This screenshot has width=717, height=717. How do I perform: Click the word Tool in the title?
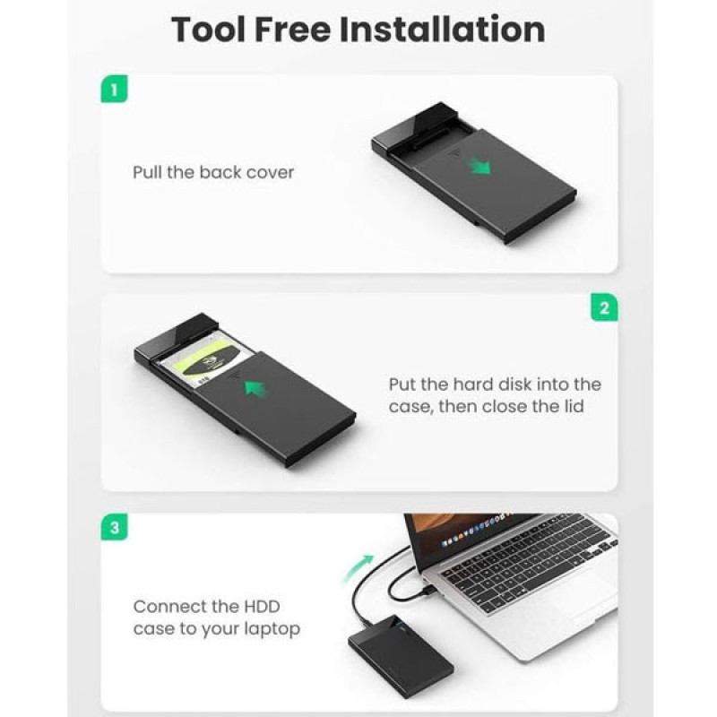(x=209, y=30)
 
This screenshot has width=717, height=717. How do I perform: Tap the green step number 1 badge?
(x=114, y=89)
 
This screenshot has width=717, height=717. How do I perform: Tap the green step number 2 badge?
(x=604, y=307)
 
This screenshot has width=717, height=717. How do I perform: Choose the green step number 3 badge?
(x=114, y=527)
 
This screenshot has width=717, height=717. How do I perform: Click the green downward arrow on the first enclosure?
(x=479, y=167)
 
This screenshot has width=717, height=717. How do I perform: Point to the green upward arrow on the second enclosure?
(x=256, y=389)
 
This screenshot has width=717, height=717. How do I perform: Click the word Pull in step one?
(x=147, y=172)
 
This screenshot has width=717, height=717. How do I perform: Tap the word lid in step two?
(x=574, y=406)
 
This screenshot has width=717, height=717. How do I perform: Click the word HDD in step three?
(x=262, y=607)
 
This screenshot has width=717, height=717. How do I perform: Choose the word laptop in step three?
(x=272, y=630)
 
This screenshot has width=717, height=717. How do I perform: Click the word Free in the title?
(x=293, y=30)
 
